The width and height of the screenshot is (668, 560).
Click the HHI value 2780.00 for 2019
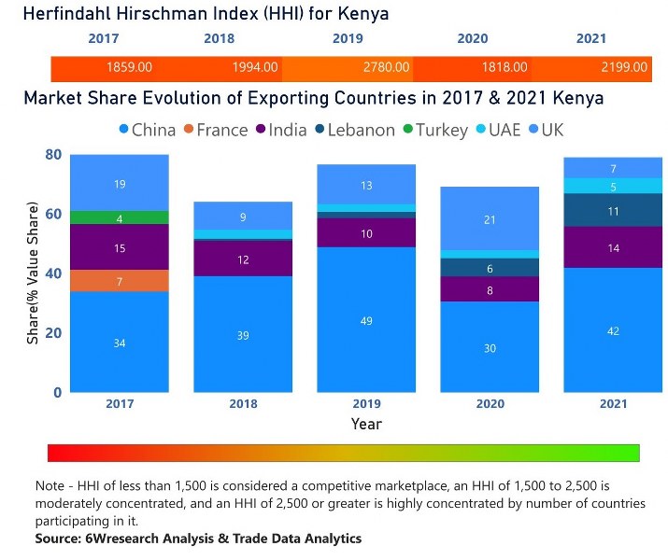(x=387, y=67)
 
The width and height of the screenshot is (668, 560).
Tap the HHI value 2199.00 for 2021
(x=625, y=67)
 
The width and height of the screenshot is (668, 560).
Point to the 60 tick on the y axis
(x=54, y=215)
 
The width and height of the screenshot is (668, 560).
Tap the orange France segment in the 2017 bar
(x=120, y=281)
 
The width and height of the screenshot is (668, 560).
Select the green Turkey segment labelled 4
(x=120, y=218)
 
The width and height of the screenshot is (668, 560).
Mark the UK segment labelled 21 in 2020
(x=490, y=219)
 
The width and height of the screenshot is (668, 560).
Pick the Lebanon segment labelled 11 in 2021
(x=613, y=211)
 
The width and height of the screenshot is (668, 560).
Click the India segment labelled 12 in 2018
(x=243, y=259)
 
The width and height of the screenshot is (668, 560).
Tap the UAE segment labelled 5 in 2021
(x=613, y=186)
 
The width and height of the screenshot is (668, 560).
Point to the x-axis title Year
(x=365, y=424)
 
